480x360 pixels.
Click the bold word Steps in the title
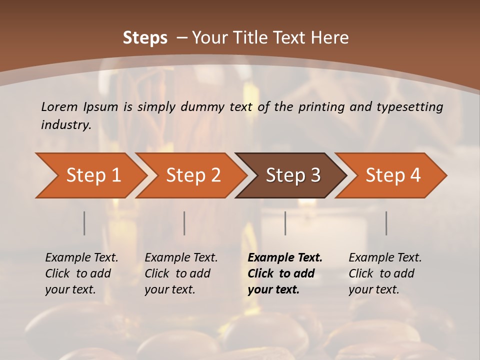point(145,38)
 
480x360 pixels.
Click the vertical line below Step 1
point(84,223)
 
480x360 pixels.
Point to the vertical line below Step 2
point(184,223)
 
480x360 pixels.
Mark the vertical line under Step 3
point(285,223)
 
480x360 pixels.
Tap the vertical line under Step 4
point(386,223)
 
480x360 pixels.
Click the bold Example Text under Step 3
point(285,273)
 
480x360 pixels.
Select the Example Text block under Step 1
point(82,273)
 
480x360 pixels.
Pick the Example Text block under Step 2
point(181,273)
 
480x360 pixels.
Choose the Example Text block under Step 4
point(385,273)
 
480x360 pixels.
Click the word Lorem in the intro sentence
point(59,106)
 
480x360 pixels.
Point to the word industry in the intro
point(66,124)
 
